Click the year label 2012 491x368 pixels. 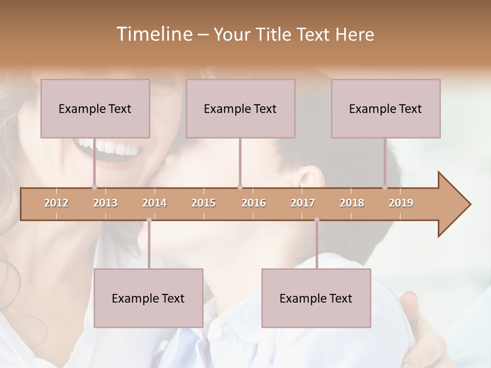pyautogui.click(x=56, y=203)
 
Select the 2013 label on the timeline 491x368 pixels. pyautogui.click(x=105, y=203)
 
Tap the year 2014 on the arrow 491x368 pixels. pyautogui.click(x=154, y=203)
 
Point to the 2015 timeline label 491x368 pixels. pyautogui.click(x=204, y=203)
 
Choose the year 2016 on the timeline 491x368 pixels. pyautogui.click(x=254, y=203)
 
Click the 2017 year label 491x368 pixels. pyautogui.click(x=303, y=203)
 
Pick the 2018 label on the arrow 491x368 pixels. pyautogui.click(x=352, y=203)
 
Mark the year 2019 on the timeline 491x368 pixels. pyautogui.click(x=401, y=203)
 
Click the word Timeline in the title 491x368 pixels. pyautogui.click(x=153, y=34)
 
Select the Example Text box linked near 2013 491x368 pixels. pyautogui.click(x=95, y=108)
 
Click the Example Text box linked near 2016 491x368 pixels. pyautogui.click(x=240, y=108)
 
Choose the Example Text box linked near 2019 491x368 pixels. pyautogui.click(x=386, y=108)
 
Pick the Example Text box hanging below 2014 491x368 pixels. pyautogui.click(x=148, y=298)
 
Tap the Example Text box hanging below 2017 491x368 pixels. pyautogui.click(x=316, y=298)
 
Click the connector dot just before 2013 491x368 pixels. pyautogui.click(x=94, y=187)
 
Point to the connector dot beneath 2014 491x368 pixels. pyautogui.click(x=149, y=220)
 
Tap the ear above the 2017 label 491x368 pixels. pyautogui.click(x=310, y=179)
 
